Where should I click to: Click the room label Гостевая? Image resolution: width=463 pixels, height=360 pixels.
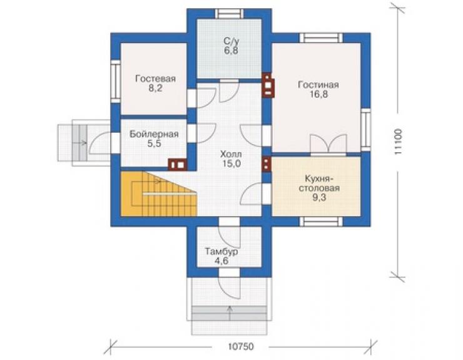(155, 79)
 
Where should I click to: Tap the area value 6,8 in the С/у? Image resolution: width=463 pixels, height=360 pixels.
(231, 51)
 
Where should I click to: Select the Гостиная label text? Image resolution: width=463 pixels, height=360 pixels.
(318, 85)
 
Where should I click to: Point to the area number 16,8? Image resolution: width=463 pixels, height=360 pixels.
(319, 95)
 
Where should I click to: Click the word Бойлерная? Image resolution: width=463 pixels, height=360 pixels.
(154, 134)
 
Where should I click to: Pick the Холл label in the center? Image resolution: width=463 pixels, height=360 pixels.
(231, 154)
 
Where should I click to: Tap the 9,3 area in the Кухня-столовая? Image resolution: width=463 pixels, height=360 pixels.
(319, 197)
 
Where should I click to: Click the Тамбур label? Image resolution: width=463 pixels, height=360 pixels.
(221, 252)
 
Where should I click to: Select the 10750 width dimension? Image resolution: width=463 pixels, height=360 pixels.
(241, 346)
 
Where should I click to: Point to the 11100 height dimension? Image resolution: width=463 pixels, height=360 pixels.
(398, 141)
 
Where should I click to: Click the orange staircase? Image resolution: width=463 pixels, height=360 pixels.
(158, 194)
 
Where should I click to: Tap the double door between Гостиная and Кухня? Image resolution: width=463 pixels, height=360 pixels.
(328, 145)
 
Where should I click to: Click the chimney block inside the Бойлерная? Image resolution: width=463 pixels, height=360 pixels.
(178, 165)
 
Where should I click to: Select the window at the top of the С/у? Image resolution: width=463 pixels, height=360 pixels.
(229, 14)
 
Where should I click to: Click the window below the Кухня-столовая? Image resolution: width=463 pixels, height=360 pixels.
(321, 222)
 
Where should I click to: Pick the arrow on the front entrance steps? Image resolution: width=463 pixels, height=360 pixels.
(230, 313)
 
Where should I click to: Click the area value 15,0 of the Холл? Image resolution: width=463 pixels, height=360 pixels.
(232, 163)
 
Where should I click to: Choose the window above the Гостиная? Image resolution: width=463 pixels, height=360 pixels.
(321, 38)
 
